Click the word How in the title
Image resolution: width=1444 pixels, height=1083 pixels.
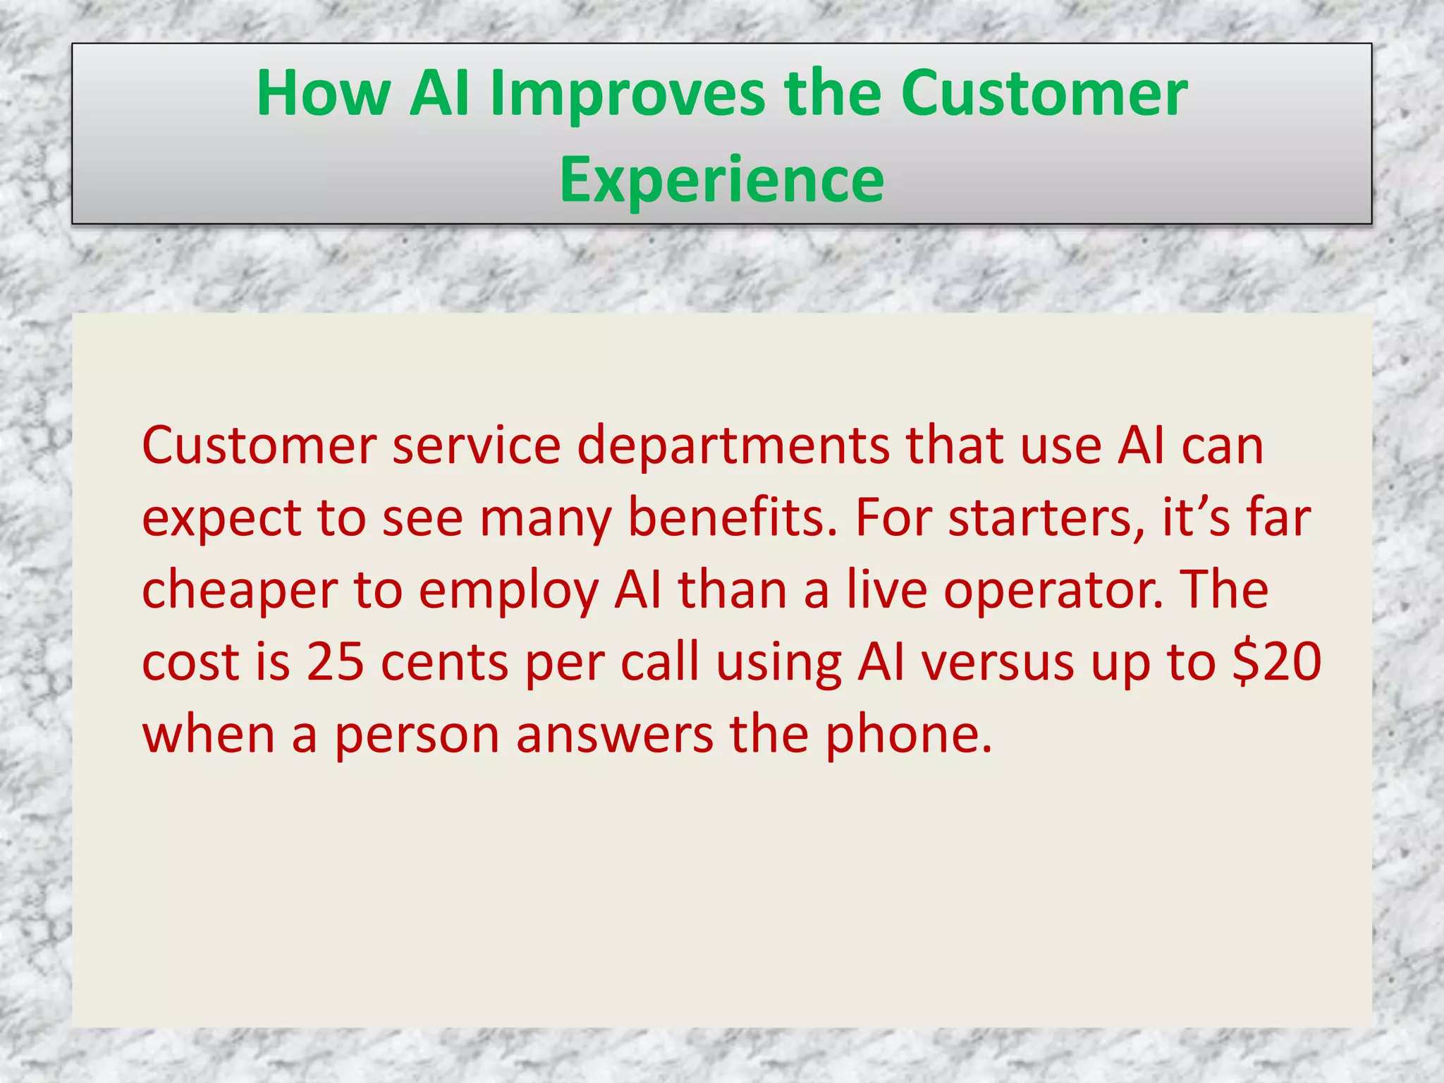coord(324,94)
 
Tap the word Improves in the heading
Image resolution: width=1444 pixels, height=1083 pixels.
coord(627,94)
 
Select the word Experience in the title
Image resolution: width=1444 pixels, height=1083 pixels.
coord(721,180)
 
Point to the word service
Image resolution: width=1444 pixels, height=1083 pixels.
coord(477,446)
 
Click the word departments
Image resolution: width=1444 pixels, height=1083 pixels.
coord(733,446)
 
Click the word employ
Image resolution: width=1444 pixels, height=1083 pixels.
coord(508,591)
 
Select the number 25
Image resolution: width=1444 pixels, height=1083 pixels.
coord(335,663)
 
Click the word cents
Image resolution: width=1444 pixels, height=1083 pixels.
coord(444,663)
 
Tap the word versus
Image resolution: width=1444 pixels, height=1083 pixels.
coord(998,663)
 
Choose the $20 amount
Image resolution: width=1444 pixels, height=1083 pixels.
coord(1276,663)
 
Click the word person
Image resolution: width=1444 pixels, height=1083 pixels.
coord(417,735)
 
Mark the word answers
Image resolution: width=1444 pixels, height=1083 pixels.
coord(614,735)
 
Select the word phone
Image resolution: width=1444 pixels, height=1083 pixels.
coord(908,735)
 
